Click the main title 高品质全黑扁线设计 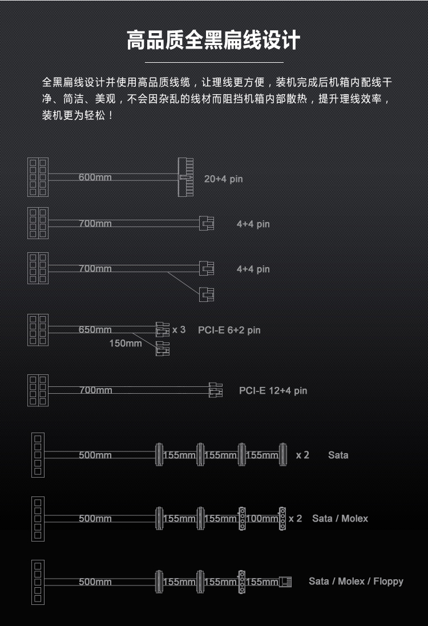[x=213, y=40]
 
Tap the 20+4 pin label [x=223, y=179]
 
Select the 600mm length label [x=95, y=177]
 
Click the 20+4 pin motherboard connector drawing [x=185, y=177]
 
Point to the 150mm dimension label [x=126, y=343]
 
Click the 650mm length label [x=95, y=329]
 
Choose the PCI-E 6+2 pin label [x=229, y=330]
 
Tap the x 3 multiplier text [x=179, y=330]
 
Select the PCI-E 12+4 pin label [x=273, y=390]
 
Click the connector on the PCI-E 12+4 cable [x=216, y=390]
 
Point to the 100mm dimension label [x=262, y=518]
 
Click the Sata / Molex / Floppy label [x=356, y=581]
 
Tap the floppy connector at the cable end [x=285, y=581]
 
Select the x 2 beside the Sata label [x=302, y=455]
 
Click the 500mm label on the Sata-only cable [x=95, y=455]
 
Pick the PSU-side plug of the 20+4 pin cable [x=38, y=177]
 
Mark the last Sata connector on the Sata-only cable [x=283, y=454]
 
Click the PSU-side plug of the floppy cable [x=38, y=582]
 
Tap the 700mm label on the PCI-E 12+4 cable [x=95, y=390]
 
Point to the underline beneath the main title [x=214, y=62]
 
